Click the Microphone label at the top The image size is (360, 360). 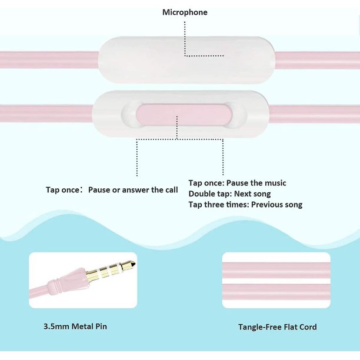[x=185, y=12]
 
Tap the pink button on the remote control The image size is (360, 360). [x=184, y=115]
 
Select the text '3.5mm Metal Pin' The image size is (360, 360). [x=75, y=326]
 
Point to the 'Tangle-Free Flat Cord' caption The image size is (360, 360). [x=277, y=327]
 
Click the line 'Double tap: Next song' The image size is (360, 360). [x=229, y=194]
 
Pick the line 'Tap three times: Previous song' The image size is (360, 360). [x=245, y=204]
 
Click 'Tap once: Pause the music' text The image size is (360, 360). [x=238, y=183]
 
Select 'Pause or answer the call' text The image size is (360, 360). [x=133, y=190]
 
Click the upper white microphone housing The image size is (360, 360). [x=186, y=60]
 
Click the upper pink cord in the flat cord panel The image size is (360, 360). [x=276, y=270]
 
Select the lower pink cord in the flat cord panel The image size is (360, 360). [x=276, y=292]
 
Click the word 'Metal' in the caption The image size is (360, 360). [x=82, y=326]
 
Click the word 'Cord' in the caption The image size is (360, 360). [x=308, y=327]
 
